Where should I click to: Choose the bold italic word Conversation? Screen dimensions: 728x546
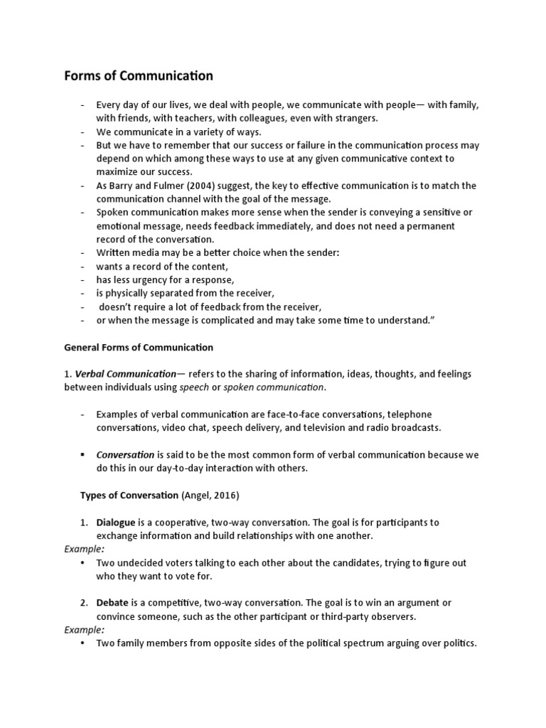pyautogui.click(x=126, y=454)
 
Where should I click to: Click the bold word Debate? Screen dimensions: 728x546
pyautogui.click(x=112, y=603)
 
